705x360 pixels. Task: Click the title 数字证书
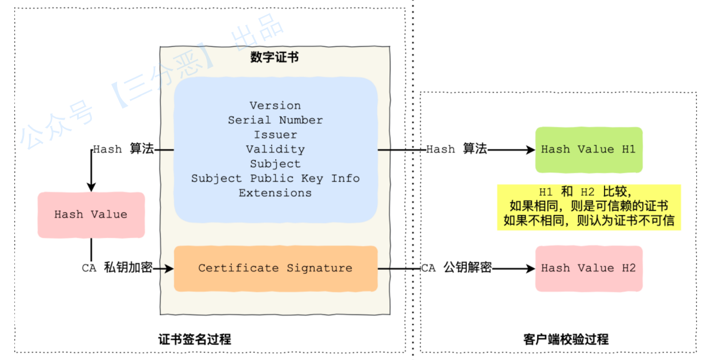click(x=274, y=58)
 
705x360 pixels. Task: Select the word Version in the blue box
click(x=275, y=106)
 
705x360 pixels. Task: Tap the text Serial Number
click(x=275, y=120)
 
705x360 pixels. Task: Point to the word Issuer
click(x=275, y=135)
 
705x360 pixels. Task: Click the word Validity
click(x=275, y=149)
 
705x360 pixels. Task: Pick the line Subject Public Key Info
click(x=275, y=179)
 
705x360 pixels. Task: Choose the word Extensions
click(x=275, y=193)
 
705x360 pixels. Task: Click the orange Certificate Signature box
click(x=275, y=268)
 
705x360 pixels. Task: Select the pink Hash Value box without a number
click(x=91, y=215)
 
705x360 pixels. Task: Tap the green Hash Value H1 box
click(x=589, y=149)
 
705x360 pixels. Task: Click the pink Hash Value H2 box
click(x=589, y=268)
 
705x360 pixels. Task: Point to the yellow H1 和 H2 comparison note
click(x=589, y=207)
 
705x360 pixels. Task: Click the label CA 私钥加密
click(x=118, y=268)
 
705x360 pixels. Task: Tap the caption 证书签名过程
click(x=195, y=339)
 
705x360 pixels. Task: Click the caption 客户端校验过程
click(x=566, y=339)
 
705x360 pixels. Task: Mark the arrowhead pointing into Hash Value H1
click(x=531, y=149)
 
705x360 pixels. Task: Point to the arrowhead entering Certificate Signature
click(x=169, y=268)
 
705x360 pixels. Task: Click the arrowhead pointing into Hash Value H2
click(x=531, y=268)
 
